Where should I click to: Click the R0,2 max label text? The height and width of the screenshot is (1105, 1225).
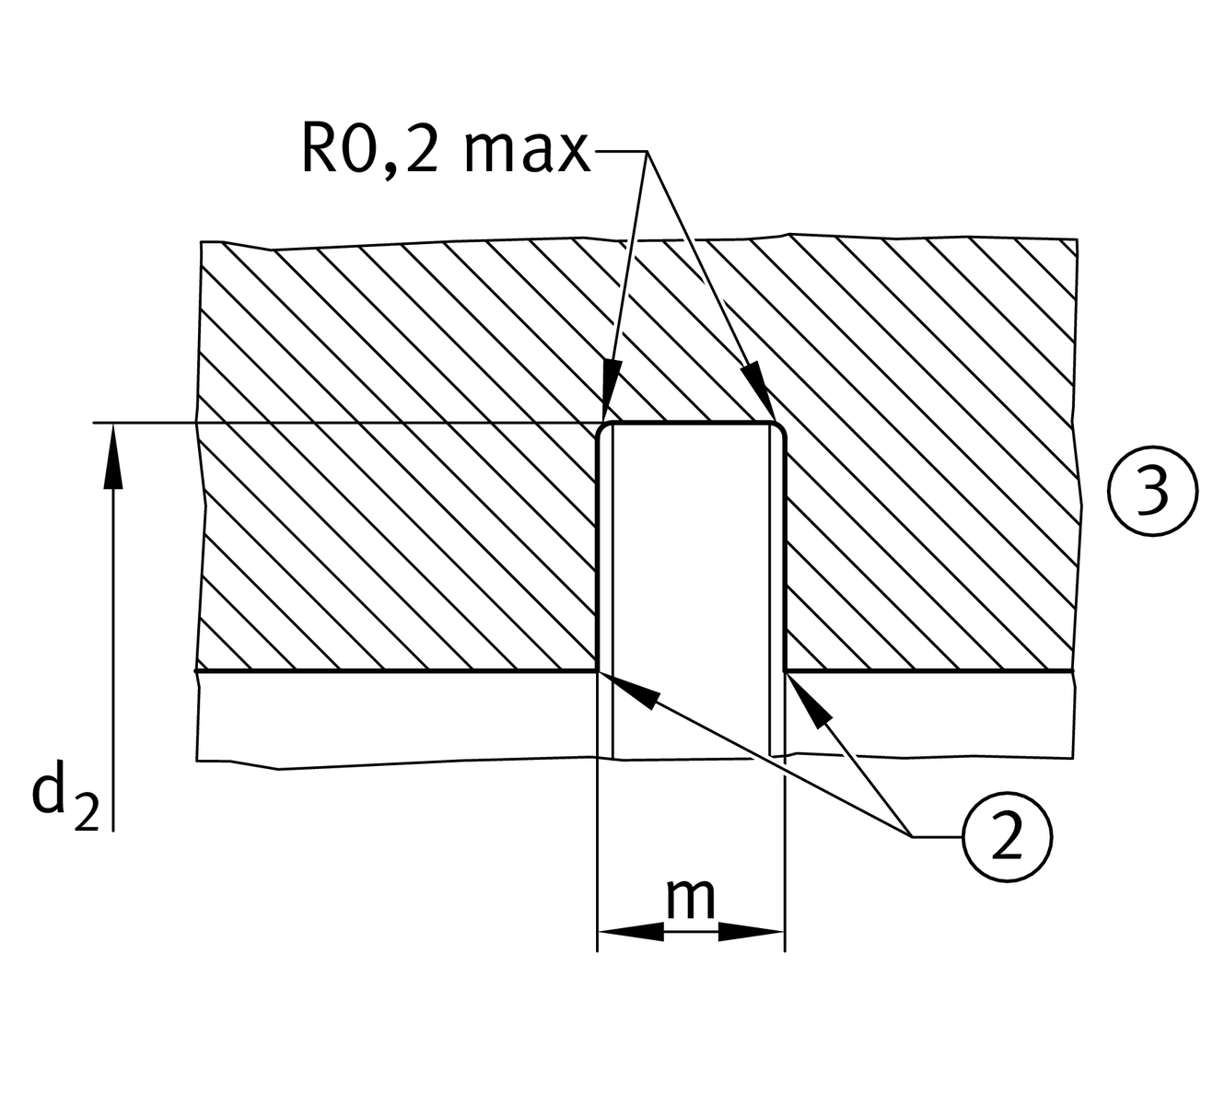[x=445, y=150]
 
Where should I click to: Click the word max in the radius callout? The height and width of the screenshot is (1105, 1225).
[x=526, y=152]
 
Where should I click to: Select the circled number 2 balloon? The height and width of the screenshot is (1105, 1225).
[x=1007, y=836]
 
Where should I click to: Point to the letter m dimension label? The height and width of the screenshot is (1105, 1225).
[x=691, y=899]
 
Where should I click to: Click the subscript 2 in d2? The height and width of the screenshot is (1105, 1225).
[x=86, y=815]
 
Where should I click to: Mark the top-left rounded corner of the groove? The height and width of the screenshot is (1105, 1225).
[x=604, y=431]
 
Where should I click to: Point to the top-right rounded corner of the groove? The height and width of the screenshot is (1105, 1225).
[x=778, y=431]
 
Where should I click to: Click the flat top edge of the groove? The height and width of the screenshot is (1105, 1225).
[x=691, y=424]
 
